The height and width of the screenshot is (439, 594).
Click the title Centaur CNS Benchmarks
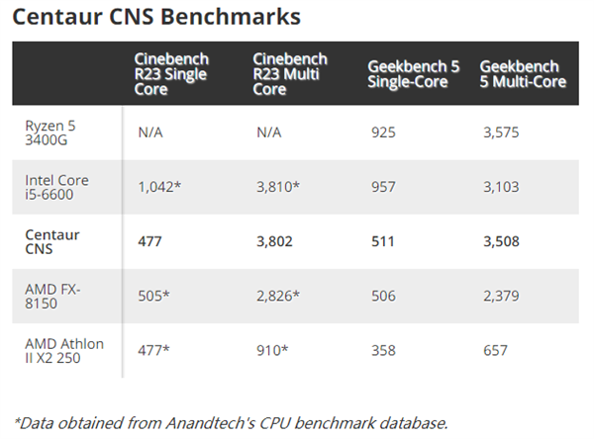click(x=156, y=17)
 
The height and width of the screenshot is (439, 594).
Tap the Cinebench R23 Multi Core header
click(x=290, y=74)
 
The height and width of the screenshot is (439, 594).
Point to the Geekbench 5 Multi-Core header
click(x=523, y=74)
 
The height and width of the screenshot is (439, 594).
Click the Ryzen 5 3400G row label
click(x=52, y=132)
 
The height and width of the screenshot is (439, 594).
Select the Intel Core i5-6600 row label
click(x=56, y=188)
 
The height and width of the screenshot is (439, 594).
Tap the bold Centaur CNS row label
click(x=52, y=242)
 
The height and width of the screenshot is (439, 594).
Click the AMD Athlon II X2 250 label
click(x=64, y=350)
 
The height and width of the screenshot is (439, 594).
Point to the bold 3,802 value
click(x=274, y=242)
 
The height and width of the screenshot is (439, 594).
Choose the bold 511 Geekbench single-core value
click(x=381, y=242)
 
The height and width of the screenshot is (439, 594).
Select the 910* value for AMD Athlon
click(x=270, y=350)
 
